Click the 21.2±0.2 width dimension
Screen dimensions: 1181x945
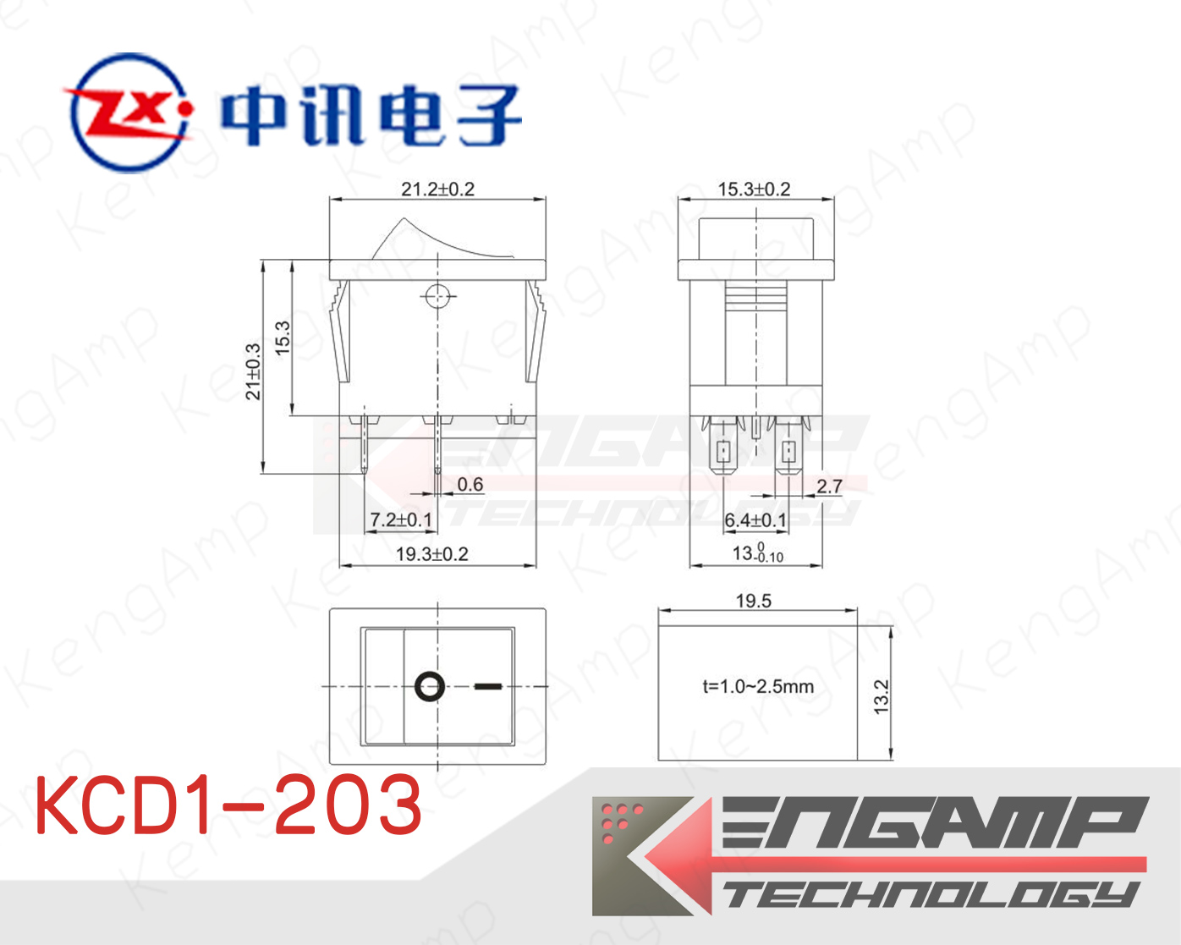[x=437, y=190]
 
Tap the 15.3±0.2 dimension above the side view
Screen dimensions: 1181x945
[x=754, y=190]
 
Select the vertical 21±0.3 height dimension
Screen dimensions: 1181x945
[x=253, y=371]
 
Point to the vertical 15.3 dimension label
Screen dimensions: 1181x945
[x=282, y=338]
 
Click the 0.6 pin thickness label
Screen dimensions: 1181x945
[x=470, y=485]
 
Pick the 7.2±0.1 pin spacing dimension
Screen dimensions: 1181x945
[x=401, y=519]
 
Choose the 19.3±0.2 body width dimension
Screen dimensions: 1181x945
[x=432, y=554]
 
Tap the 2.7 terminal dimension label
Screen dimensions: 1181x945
[x=829, y=486]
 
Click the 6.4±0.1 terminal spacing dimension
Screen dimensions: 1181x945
[x=755, y=519]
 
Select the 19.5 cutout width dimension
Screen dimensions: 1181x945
[x=754, y=601]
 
